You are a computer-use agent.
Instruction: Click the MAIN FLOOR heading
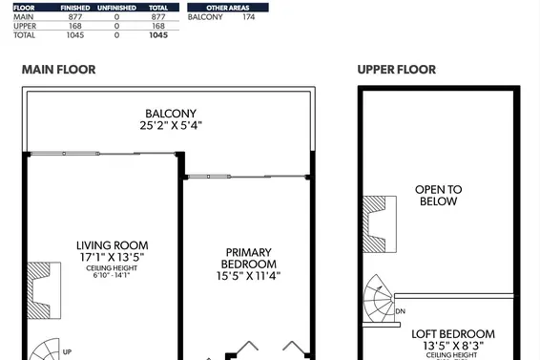coord(58,70)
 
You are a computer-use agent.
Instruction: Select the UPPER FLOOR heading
coord(396,70)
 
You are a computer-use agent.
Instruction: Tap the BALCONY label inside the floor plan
coord(171,114)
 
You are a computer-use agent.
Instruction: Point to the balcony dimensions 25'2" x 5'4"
coord(171,125)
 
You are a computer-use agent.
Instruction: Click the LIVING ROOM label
coord(113,245)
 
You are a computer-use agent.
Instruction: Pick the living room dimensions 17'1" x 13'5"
coord(113,257)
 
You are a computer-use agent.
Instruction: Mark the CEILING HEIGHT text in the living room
coord(113,267)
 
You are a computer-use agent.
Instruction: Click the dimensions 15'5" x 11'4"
coord(248,276)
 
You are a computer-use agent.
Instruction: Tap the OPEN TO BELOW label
coord(438,195)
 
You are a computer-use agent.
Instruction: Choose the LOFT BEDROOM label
coord(453,334)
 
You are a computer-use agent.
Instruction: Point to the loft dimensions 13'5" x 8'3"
coord(453,347)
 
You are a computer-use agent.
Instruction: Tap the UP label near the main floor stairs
coord(67,352)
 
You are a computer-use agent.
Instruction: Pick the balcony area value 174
coord(248,17)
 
